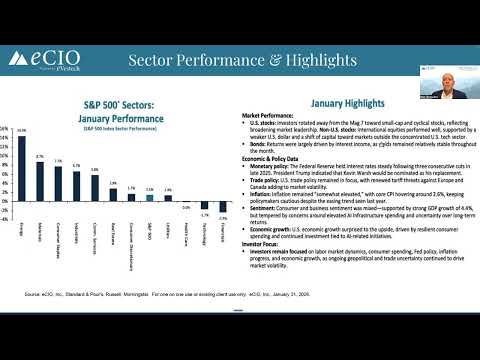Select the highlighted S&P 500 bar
(x=150, y=197)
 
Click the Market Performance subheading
(x=272, y=116)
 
